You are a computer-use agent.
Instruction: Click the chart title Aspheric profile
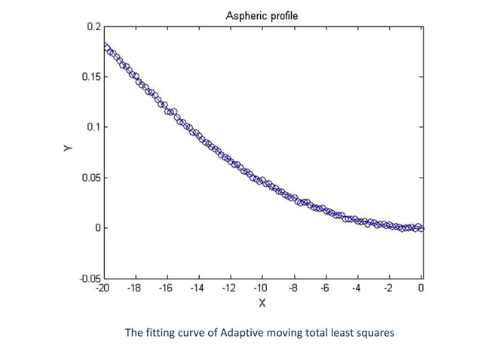[x=262, y=15]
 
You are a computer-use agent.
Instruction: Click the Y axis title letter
[x=67, y=151]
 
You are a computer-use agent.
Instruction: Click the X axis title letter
[x=262, y=303]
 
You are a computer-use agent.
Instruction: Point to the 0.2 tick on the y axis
[x=93, y=26]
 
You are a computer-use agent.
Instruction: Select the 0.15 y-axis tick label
[x=90, y=77]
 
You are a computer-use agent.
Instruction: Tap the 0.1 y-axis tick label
[x=93, y=127]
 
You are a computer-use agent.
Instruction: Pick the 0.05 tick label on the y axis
[x=90, y=178]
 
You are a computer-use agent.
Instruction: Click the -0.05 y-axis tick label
[x=88, y=278]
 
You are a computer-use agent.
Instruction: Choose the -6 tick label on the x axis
[x=325, y=288]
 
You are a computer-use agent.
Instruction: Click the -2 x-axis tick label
[x=388, y=288]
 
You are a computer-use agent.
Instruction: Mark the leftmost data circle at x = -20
[x=106, y=47]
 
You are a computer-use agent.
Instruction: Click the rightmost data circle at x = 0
[x=421, y=227]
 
